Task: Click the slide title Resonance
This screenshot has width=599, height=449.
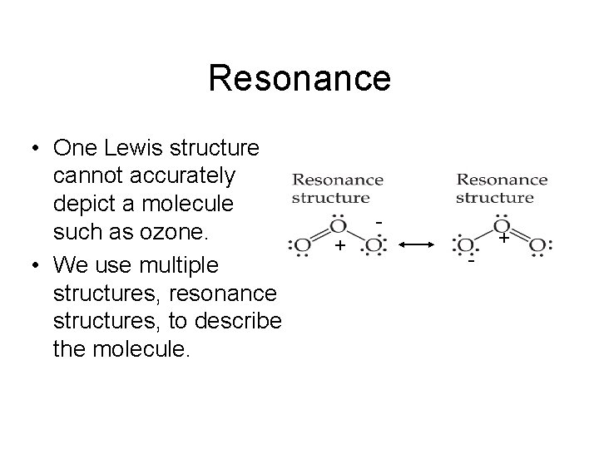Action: click(x=299, y=79)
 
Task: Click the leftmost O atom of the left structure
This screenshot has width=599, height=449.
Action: click(x=300, y=246)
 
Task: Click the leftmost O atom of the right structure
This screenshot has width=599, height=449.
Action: click(x=463, y=246)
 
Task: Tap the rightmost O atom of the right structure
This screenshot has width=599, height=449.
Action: click(x=537, y=246)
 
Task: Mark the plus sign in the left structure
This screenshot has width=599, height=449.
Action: click(x=339, y=246)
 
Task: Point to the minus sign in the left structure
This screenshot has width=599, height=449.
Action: click(x=379, y=222)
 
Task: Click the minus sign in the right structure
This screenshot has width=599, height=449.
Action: click(x=471, y=261)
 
